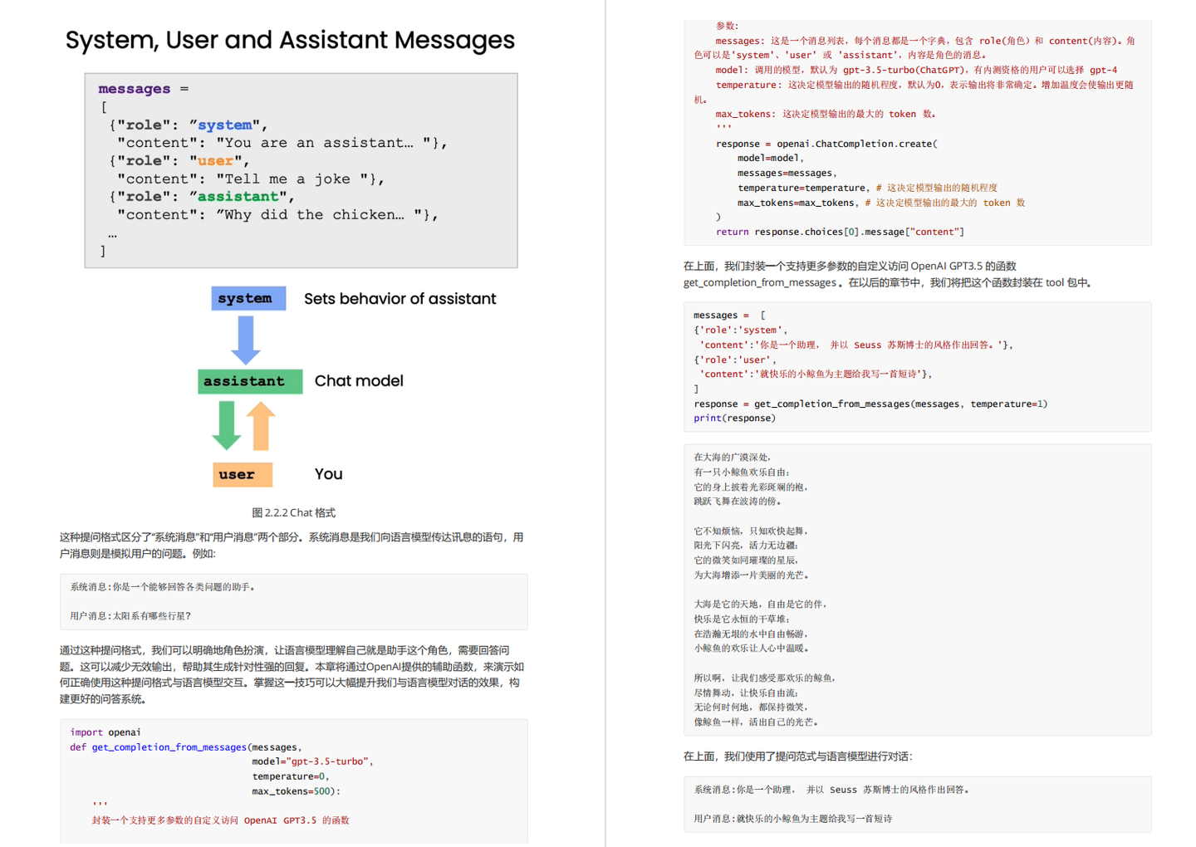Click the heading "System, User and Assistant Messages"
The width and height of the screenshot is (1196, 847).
[290, 40]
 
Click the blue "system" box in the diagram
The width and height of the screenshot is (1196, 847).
[248, 298]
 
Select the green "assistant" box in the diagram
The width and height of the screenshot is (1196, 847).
[249, 381]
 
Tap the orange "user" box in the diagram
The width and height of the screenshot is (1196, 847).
[242, 474]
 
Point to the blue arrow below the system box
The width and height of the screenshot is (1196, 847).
[246, 339]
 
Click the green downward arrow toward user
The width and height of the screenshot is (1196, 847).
[227, 425]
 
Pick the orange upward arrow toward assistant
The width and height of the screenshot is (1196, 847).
[261, 425]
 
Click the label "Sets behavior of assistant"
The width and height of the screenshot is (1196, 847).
[399, 299]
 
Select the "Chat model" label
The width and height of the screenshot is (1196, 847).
[359, 381]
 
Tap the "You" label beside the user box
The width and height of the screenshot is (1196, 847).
[328, 474]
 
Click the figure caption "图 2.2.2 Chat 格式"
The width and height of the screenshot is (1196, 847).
[293, 512]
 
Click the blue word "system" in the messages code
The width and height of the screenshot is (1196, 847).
[224, 125]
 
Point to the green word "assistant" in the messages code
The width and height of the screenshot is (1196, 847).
[238, 197]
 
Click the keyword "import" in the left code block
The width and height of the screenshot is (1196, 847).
[86, 732]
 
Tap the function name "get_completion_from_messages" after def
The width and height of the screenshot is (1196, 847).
[169, 747]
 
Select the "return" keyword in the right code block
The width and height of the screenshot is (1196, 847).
[732, 232]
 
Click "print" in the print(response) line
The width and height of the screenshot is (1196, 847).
[707, 419]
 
